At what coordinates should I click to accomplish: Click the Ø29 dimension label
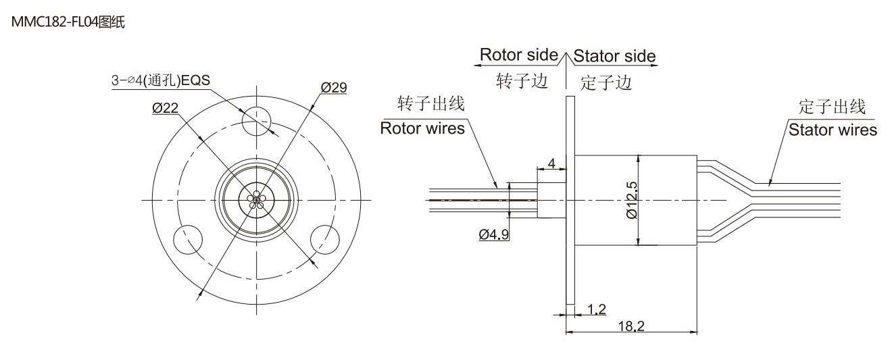(x=334, y=87)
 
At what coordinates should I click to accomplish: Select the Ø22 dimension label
(x=166, y=108)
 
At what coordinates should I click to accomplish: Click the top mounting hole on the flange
(x=256, y=120)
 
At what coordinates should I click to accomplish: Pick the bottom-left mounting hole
(x=188, y=238)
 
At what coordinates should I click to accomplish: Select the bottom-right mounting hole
(x=324, y=238)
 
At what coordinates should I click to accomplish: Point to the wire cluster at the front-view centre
(x=256, y=199)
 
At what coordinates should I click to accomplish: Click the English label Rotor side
(x=518, y=55)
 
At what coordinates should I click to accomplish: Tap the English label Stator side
(x=614, y=55)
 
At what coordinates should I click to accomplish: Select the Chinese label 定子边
(x=605, y=82)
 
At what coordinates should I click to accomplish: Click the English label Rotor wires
(x=422, y=128)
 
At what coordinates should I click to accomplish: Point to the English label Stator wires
(x=833, y=129)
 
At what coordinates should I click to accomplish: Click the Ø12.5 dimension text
(x=632, y=200)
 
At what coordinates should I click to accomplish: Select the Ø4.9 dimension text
(x=494, y=235)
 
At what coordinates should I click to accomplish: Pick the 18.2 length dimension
(x=631, y=326)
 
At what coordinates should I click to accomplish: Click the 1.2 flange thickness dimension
(x=596, y=309)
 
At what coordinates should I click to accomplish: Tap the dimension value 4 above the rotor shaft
(x=551, y=163)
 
